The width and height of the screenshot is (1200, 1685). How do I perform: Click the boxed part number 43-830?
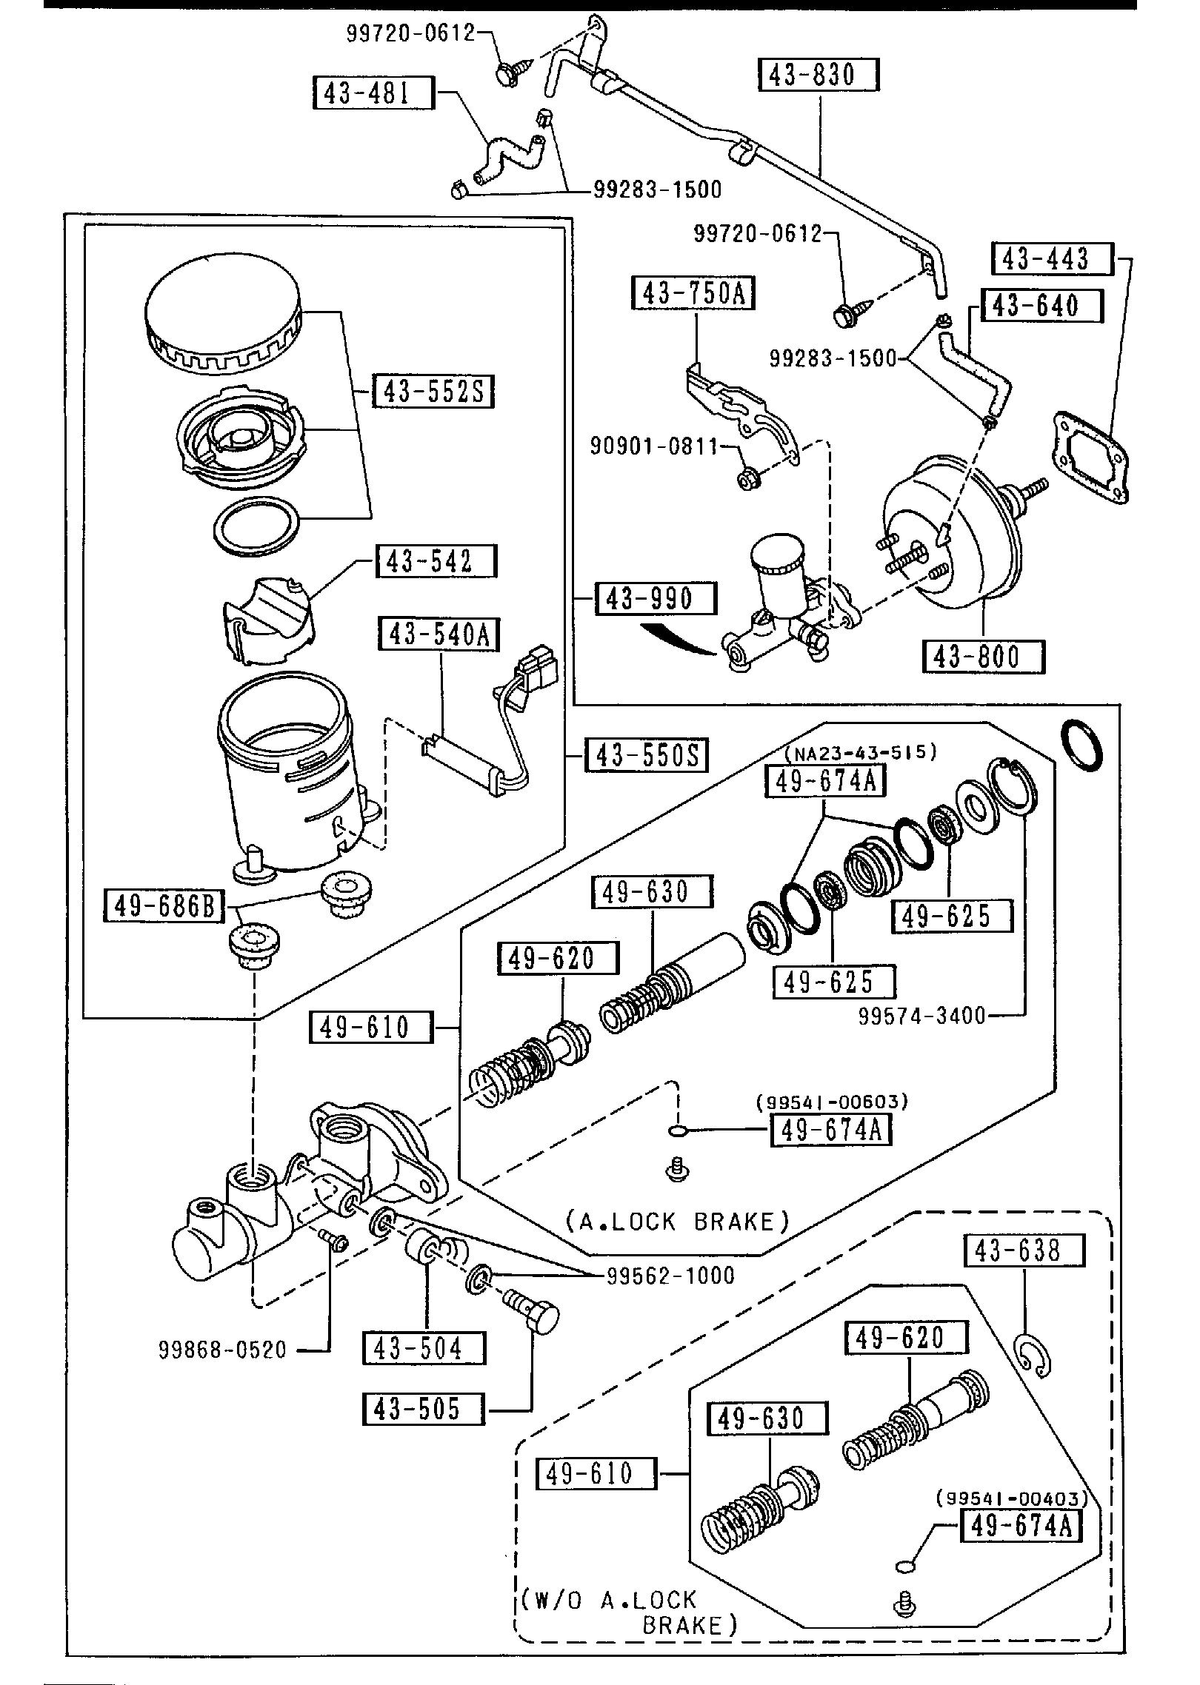819,76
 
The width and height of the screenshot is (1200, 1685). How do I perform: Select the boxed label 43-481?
373,93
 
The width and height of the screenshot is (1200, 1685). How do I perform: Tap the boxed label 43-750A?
692,293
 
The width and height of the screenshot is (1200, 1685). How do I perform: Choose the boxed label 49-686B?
164,905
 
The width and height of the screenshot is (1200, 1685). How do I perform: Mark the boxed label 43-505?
424,1409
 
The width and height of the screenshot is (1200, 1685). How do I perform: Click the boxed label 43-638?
1024,1250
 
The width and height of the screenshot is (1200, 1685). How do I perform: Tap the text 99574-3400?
922,1016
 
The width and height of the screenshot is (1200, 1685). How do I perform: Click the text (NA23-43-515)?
860,752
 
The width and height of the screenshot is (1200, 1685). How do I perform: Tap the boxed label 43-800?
983,657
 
